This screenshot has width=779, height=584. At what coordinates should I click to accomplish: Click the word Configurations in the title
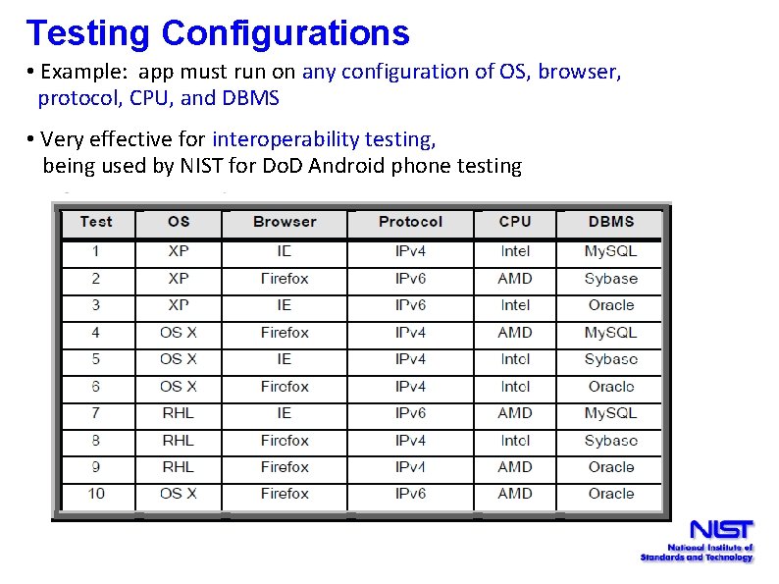[x=286, y=33]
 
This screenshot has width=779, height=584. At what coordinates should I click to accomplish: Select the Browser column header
[x=285, y=222]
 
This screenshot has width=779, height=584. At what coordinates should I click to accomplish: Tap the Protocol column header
[x=410, y=222]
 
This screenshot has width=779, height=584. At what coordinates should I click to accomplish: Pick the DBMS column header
[x=611, y=222]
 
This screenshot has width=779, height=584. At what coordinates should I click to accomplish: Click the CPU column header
[x=515, y=222]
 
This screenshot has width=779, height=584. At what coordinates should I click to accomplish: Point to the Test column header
[x=96, y=222]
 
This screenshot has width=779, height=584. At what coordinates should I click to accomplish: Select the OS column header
[x=179, y=222]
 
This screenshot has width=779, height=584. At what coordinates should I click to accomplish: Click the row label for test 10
[x=96, y=494]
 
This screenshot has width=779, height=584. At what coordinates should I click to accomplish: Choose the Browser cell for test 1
[x=285, y=251]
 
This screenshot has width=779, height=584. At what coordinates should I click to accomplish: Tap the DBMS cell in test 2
[x=611, y=279]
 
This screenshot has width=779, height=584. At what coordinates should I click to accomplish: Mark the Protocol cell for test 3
[x=410, y=305]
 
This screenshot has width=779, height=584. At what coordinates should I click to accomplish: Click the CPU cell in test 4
[x=515, y=333]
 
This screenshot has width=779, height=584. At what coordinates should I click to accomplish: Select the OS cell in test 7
[x=179, y=413]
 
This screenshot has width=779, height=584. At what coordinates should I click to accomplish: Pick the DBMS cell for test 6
[x=611, y=387]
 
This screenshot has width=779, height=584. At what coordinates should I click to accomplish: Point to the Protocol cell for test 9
[x=410, y=467]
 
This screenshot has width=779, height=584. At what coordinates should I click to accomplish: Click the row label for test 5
[x=96, y=359]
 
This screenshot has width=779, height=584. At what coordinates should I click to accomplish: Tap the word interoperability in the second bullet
[x=321, y=139]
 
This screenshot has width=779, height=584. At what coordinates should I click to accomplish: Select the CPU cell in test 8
[x=515, y=441]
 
